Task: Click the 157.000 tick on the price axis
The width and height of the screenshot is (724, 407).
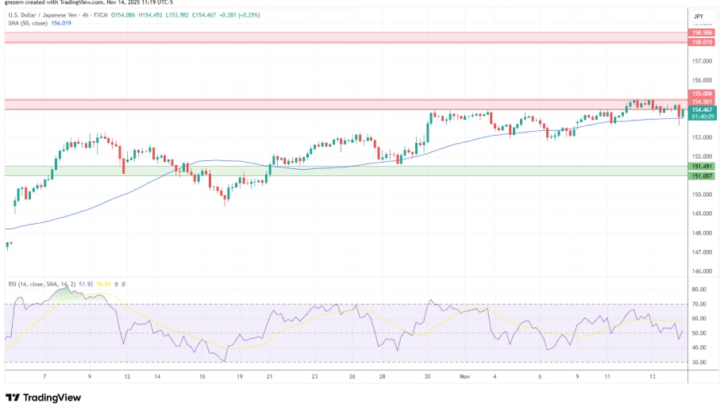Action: tap(699, 61)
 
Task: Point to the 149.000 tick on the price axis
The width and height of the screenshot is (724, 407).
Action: tap(699, 213)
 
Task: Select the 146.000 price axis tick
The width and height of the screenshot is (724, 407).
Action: tap(699, 271)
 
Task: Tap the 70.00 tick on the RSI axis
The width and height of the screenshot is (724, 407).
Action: tap(699, 304)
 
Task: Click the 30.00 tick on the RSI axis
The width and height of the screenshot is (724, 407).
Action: tap(699, 362)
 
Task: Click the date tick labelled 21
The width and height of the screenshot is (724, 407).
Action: tap(270, 377)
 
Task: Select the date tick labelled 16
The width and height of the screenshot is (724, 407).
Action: tap(202, 377)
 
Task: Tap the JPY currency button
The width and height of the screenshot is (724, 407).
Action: tap(699, 16)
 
